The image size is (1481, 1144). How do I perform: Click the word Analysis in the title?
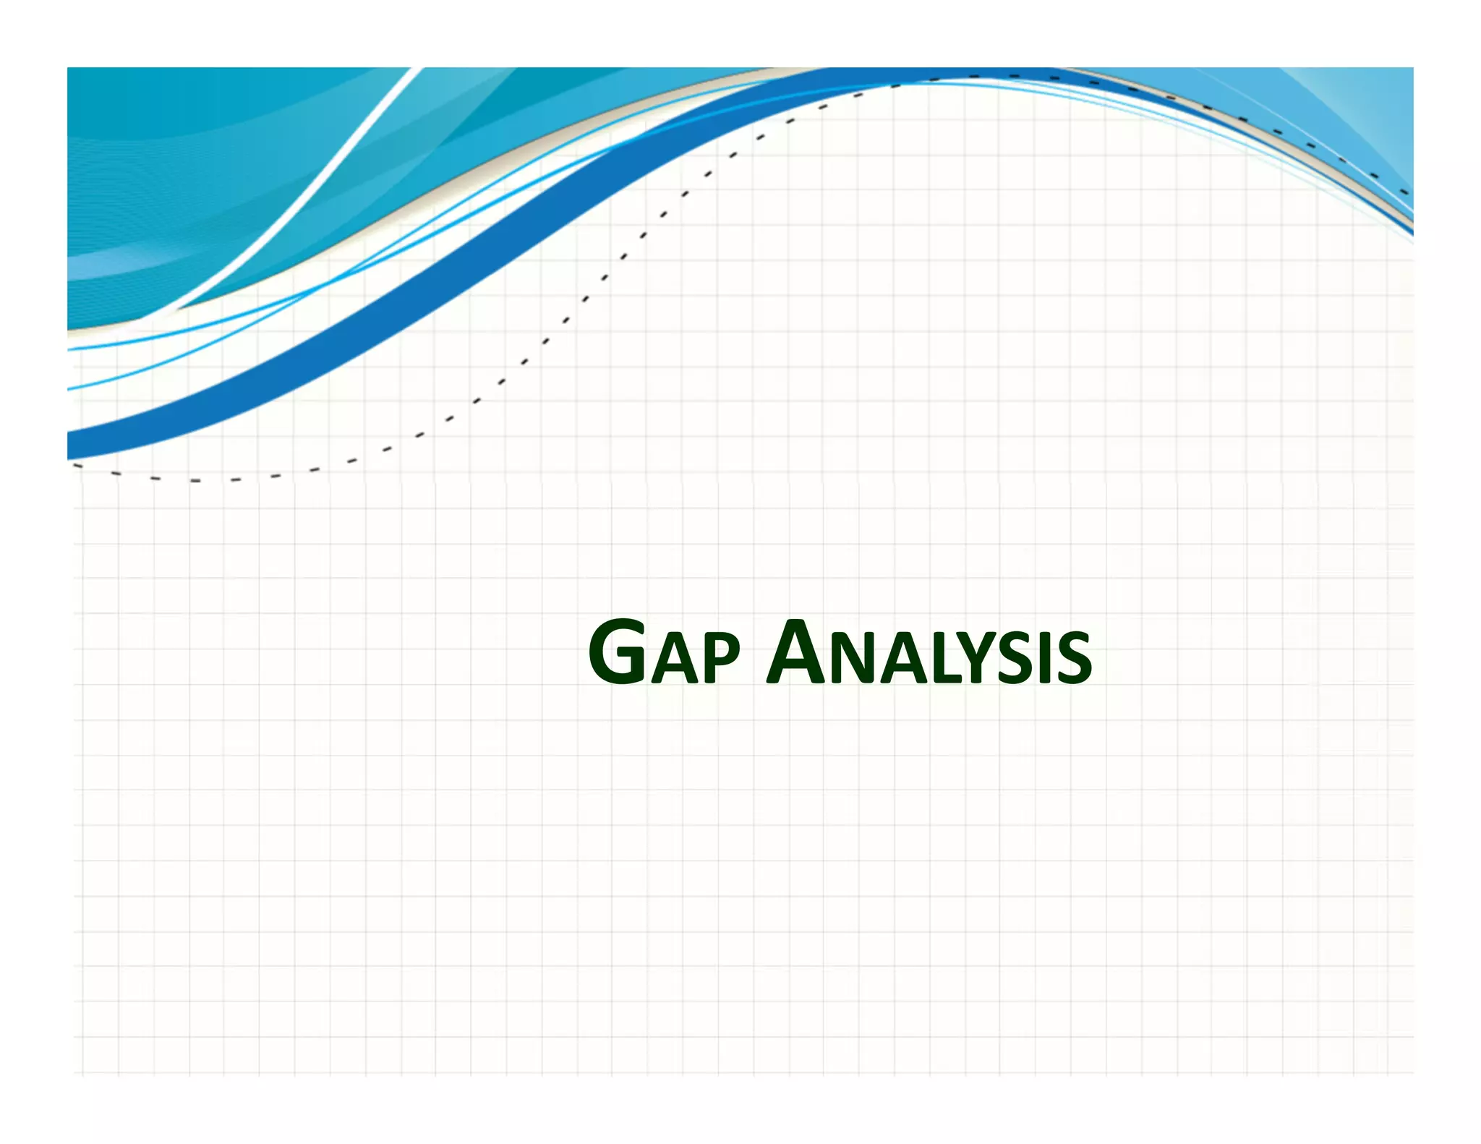929,654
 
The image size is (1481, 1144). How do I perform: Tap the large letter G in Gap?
618,652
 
